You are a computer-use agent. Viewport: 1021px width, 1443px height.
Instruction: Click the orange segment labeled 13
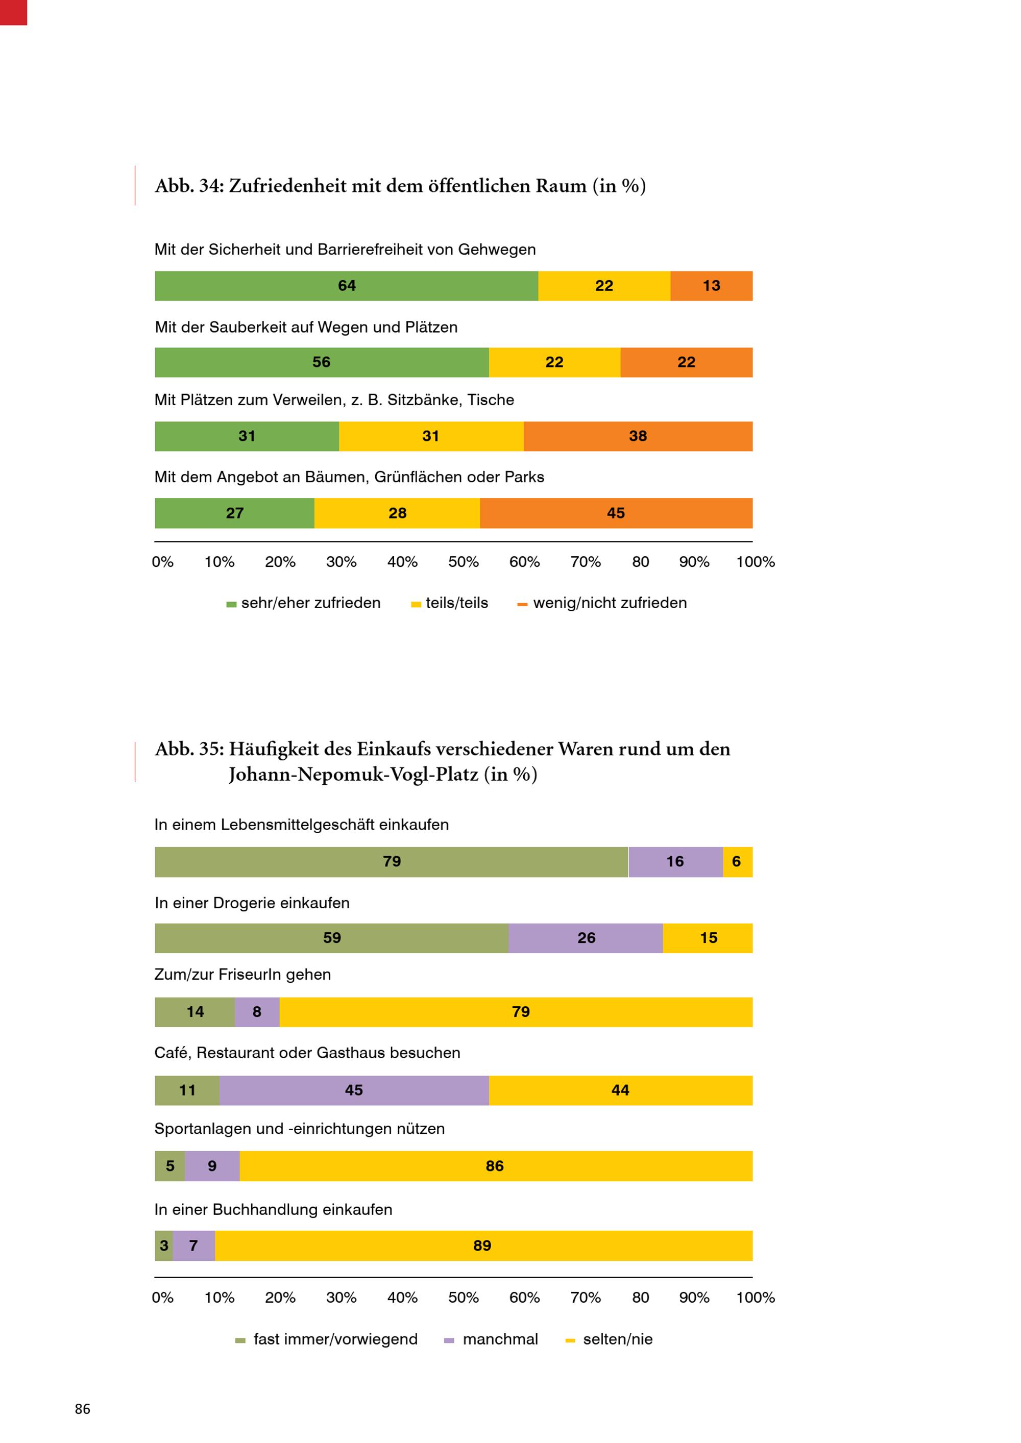(x=711, y=286)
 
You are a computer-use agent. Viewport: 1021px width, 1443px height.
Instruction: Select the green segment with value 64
(x=347, y=286)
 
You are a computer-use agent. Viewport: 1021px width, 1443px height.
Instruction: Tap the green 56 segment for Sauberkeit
(x=321, y=363)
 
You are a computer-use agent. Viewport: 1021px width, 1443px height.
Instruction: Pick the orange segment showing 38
(x=638, y=436)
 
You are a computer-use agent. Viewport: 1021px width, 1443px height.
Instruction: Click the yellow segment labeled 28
(x=397, y=513)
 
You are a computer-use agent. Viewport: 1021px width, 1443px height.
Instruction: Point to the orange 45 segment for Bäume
(x=616, y=513)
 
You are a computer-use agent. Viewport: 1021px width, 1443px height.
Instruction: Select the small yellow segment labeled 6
(x=737, y=862)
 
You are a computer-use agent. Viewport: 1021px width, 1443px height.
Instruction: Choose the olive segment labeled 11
(x=187, y=1090)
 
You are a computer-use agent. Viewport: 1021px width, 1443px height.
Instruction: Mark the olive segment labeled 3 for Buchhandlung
(x=163, y=1246)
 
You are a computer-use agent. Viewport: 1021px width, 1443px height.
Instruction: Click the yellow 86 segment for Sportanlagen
(x=495, y=1166)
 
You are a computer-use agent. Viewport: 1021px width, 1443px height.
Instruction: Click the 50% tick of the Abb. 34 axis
(x=464, y=562)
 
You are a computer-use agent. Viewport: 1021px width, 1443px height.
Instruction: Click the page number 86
(x=82, y=1409)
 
